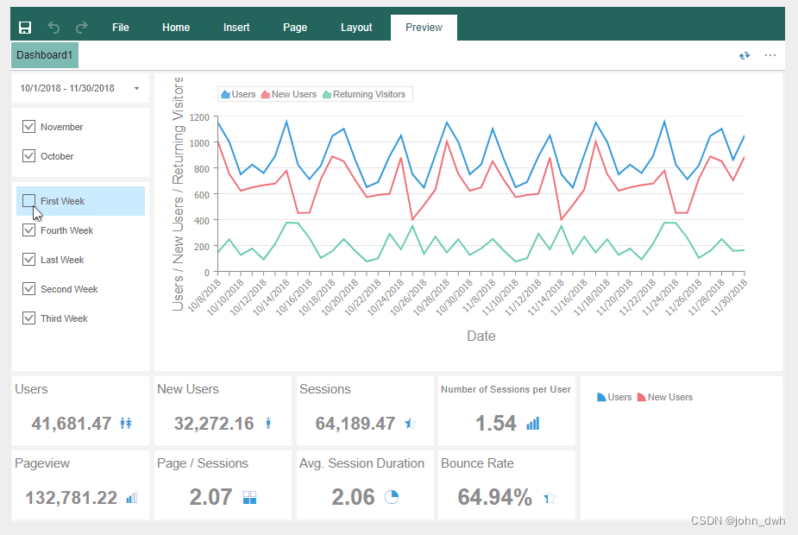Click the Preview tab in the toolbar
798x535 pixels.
pos(424,28)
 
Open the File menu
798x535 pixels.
pos(121,28)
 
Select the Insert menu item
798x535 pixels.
pos(236,28)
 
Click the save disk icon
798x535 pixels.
pos(25,28)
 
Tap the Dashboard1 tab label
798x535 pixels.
pos(45,55)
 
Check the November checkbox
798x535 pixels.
pos(28,127)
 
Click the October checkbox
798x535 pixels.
pos(28,156)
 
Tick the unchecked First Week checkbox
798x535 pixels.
pos(28,201)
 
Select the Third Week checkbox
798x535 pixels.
pos(28,318)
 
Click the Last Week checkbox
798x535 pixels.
pos(28,260)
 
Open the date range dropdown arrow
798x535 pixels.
pos(136,89)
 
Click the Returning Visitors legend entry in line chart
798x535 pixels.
pos(363,94)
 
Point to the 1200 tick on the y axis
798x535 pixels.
pos(199,116)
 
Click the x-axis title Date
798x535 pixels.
pos(481,336)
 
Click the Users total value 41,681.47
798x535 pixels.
pos(72,424)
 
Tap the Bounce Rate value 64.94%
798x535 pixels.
pos(494,497)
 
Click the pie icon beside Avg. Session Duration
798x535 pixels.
pos(391,497)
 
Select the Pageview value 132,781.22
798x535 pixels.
pos(71,498)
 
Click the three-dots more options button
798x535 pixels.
pos(770,55)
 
